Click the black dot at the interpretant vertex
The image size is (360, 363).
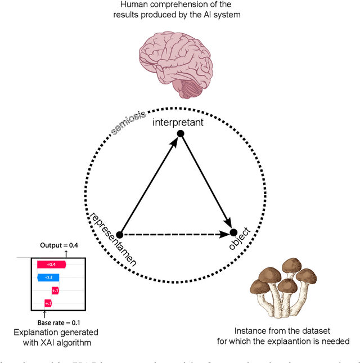(181, 133)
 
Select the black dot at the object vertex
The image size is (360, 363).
(233, 232)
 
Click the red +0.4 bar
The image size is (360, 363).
(51, 264)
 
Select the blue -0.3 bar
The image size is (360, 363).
(49, 277)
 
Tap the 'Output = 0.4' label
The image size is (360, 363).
(60, 245)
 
